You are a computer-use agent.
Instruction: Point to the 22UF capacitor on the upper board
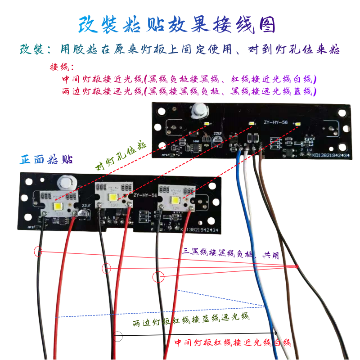(x=218, y=140)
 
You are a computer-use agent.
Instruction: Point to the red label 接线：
(x=62, y=68)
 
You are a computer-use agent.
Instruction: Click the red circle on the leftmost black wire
(x=38, y=252)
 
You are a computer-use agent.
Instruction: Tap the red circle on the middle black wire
(x=106, y=269)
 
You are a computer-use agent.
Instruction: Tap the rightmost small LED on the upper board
(x=297, y=122)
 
